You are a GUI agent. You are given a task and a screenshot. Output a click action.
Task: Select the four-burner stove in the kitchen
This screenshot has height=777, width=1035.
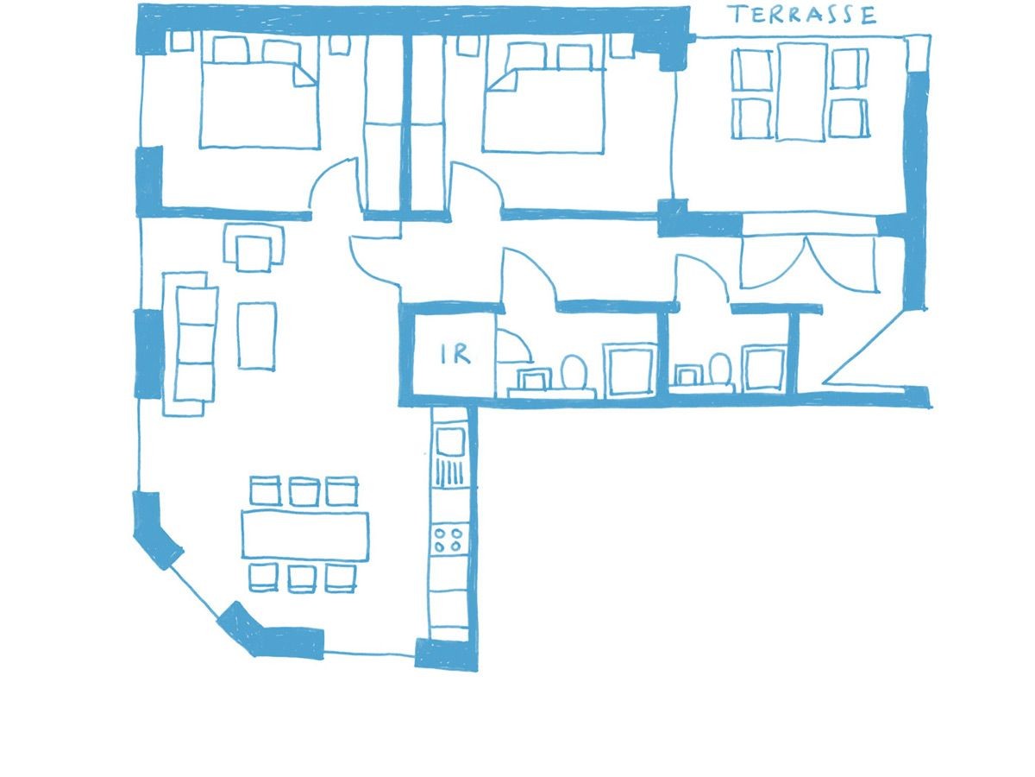(448, 540)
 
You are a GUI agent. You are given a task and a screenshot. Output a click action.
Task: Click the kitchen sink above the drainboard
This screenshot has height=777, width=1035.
(450, 442)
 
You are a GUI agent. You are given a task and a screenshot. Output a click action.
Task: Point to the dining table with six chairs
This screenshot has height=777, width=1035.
(305, 535)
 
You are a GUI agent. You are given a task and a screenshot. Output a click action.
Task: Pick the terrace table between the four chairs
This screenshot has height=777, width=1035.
(802, 92)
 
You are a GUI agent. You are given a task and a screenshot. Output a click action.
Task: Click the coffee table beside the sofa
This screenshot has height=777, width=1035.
(257, 336)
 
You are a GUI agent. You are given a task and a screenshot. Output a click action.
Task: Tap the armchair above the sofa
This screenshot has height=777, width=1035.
(254, 250)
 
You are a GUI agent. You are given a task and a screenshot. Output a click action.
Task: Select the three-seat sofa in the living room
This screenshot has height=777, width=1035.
(190, 344)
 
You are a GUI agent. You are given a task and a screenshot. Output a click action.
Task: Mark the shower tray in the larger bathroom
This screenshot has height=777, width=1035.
(630, 369)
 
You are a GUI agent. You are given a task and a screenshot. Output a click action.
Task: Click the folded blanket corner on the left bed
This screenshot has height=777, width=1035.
(305, 75)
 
